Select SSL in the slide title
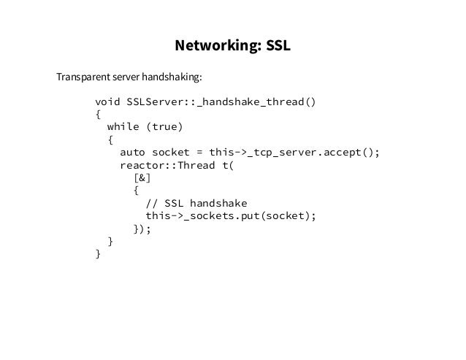tap(277, 45)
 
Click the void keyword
tap(107, 102)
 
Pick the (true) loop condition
tap(165, 127)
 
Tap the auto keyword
tap(132, 152)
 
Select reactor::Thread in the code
tap(165, 165)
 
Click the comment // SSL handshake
tap(196, 203)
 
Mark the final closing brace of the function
tap(99, 253)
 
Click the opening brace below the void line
tap(99, 114)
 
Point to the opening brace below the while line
tap(110, 139)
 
